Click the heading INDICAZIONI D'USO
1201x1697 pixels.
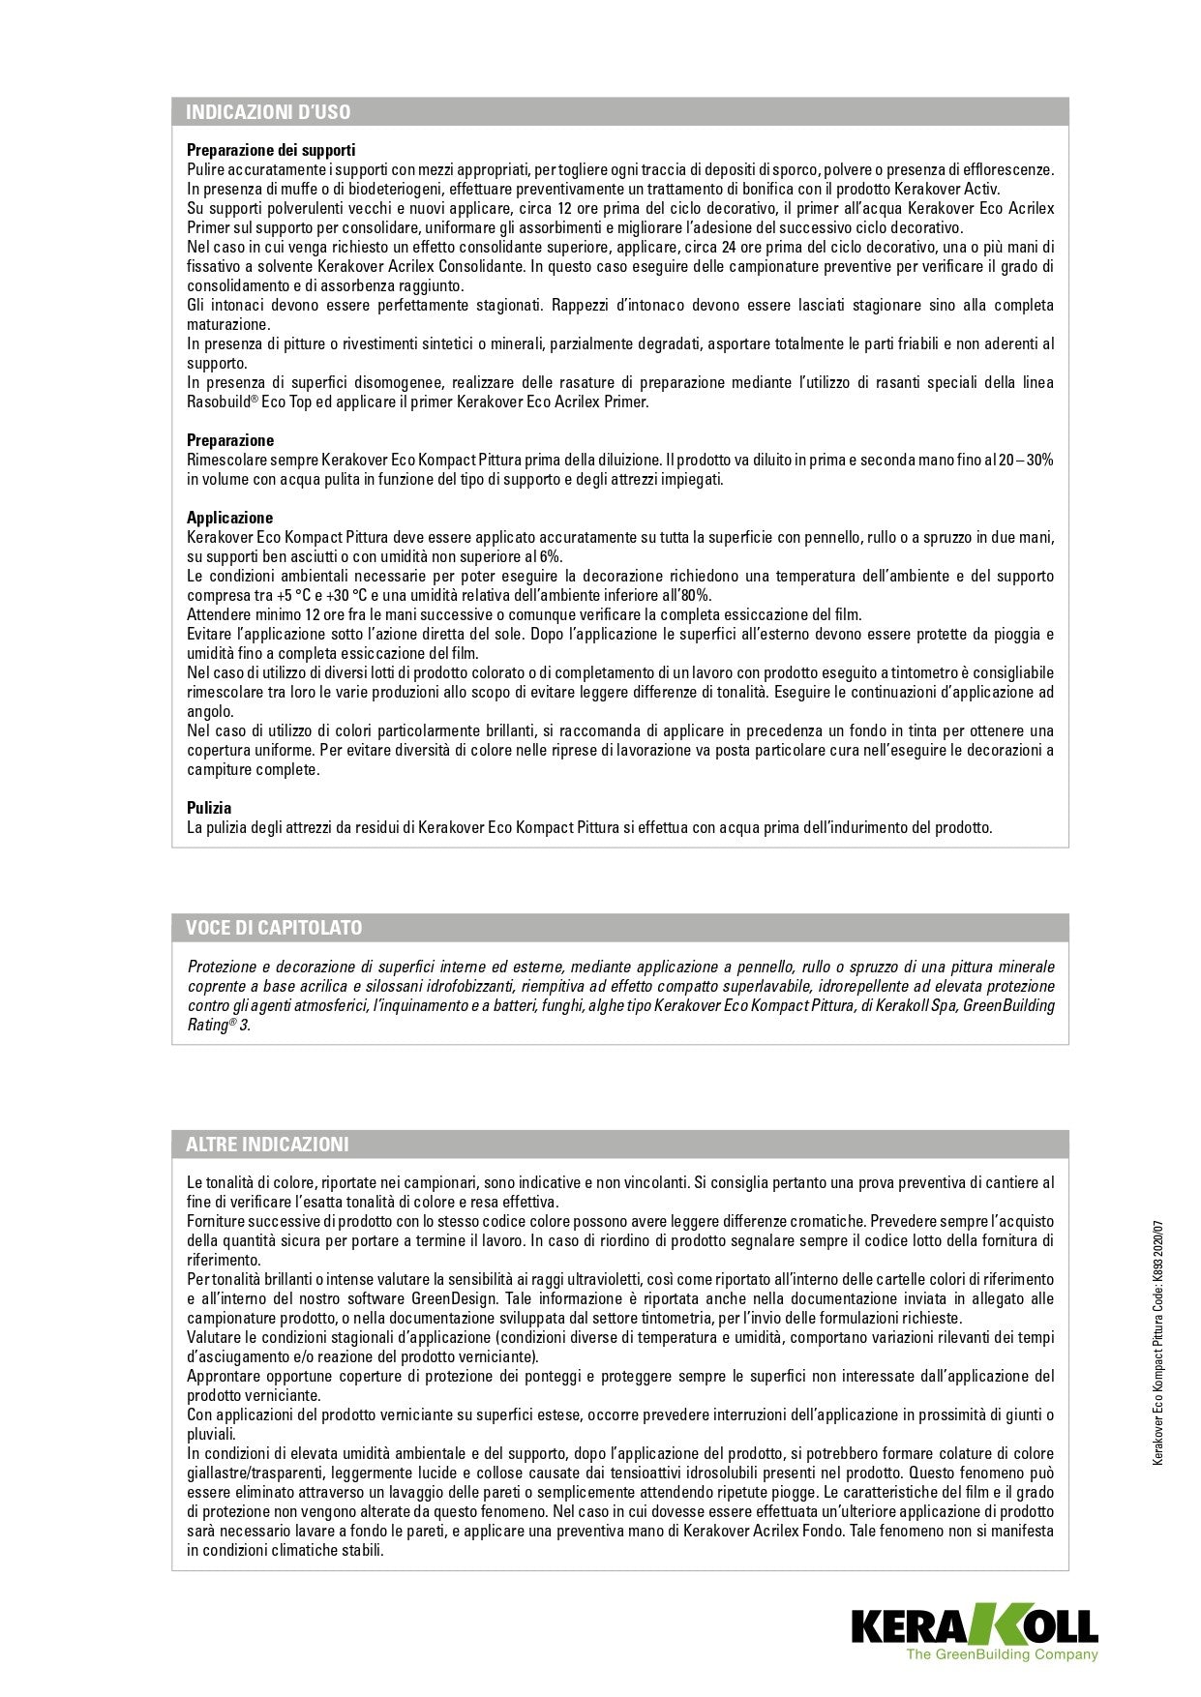pyautogui.click(x=268, y=112)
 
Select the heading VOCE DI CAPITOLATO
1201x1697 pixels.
pyautogui.click(x=274, y=928)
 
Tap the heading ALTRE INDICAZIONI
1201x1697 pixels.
pyautogui.click(x=267, y=1145)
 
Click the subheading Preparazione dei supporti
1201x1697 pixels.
pyautogui.click(x=271, y=150)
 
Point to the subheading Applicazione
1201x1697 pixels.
pyautogui.click(x=230, y=518)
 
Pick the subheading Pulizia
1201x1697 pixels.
pyautogui.click(x=209, y=808)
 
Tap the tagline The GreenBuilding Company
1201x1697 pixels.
pyautogui.click(x=1002, y=1655)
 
